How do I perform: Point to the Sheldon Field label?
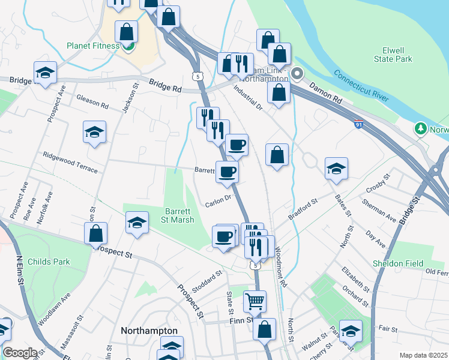[x=414, y=263]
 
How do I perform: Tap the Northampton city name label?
[x=149, y=331]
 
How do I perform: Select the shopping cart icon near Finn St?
[x=255, y=301]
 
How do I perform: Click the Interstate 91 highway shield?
[x=358, y=124]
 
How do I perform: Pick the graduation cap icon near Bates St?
[x=336, y=169]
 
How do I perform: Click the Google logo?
[x=20, y=353]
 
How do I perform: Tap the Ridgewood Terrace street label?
[x=70, y=162]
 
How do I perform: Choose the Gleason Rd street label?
[x=92, y=102]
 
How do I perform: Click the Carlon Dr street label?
[x=218, y=200]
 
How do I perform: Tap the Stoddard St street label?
[x=208, y=277]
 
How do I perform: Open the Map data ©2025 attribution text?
[x=423, y=355]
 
